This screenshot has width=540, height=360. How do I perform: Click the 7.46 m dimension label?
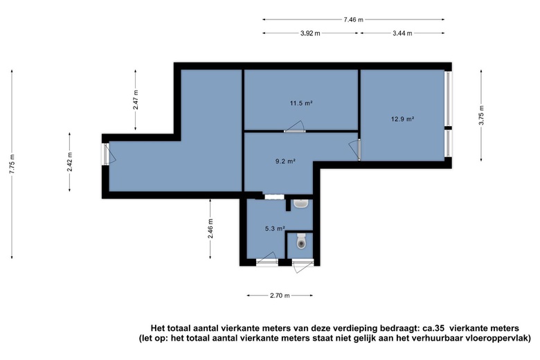tap(353, 19)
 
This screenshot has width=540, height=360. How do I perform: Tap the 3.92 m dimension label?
tap(310, 33)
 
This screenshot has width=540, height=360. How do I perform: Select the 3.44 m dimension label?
tap(402, 33)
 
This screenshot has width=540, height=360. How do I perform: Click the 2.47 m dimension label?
tap(136, 100)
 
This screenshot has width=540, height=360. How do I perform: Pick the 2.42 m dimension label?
tap(69, 162)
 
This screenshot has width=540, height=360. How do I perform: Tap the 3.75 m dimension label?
tap(481, 115)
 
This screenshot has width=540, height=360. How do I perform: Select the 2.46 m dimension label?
tap(210, 228)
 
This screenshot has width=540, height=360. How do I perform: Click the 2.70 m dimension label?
tap(280, 295)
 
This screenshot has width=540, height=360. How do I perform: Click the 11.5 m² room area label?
tap(301, 103)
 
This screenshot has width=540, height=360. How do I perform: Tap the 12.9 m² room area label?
tap(402, 119)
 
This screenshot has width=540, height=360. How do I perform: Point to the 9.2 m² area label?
tap(285, 161)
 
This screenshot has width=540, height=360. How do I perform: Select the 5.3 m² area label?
tap(275, 228)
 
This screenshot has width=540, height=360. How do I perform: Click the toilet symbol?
tap(301, 241)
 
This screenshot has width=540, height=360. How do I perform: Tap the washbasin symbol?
tap(301, 204)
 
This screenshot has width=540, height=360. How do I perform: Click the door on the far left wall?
tap(109, 154)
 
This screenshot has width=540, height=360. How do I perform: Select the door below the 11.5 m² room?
tap(295, 127)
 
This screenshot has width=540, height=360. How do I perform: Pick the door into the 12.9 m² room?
tap(355, 150)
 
